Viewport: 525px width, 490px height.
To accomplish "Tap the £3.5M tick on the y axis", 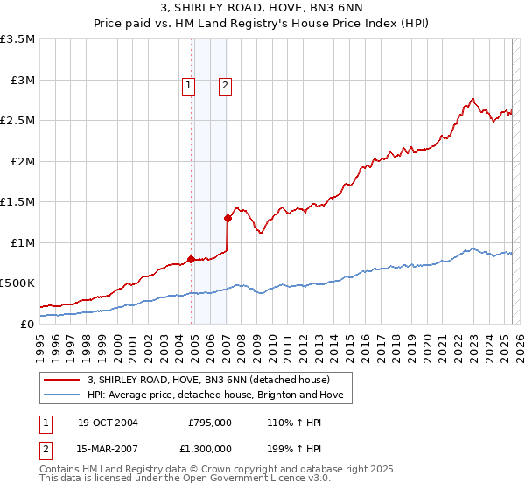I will click(x=17, y=39).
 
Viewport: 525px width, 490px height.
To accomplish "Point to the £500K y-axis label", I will click(x=17, y=283).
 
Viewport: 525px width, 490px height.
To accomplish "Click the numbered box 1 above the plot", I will click(x=188, y=85).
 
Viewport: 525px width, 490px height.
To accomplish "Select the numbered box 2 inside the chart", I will click(x=226, y=85).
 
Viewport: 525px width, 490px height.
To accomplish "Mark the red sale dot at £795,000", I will click(x=191, y=259).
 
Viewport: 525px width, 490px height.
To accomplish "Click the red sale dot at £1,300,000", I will click(x=227, y=218).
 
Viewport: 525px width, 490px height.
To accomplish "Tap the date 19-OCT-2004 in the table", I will click(x=108, y=423).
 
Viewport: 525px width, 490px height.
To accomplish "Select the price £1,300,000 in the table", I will click(x=209, y=448).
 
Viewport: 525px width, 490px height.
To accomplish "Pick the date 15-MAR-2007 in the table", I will click(x=108, y=448).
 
